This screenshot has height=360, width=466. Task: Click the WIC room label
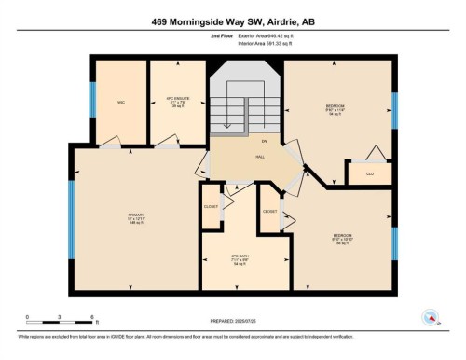[121, 102]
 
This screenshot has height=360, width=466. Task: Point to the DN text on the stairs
[265, 141]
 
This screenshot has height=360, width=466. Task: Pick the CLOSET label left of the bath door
[211, 205]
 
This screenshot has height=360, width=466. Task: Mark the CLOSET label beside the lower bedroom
[269, 212]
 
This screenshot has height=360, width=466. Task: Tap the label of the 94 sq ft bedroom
[335, 109]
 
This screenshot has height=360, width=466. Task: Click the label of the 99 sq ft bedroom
[342, 238]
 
